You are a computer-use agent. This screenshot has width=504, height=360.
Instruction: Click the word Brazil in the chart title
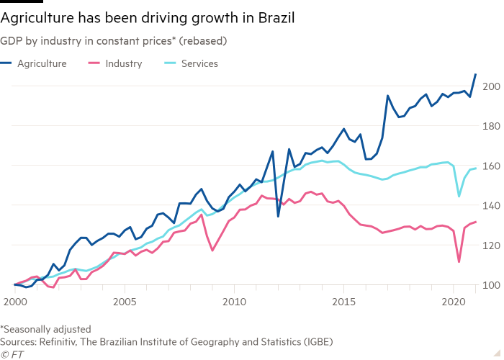pos(274,16)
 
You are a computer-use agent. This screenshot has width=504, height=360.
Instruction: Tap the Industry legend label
pos(123,63)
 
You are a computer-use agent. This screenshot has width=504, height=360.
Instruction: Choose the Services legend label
pos(199,63)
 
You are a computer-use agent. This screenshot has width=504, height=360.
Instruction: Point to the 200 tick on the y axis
pos(492,86)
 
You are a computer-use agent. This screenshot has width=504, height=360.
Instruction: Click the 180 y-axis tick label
pos(492,126)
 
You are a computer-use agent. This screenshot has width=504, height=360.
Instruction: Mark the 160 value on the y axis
pos(492,166)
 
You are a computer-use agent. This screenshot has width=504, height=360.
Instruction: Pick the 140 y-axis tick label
pos(492,206)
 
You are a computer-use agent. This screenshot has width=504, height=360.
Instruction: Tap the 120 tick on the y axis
pos(492,246)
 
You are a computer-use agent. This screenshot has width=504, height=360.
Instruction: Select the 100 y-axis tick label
pos(492,285)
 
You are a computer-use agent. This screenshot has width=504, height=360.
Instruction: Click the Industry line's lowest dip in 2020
pos(459,261)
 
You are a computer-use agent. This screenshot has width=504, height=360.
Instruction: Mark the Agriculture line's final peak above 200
pos(475,75)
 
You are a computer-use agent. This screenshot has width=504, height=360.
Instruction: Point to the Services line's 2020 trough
pos(459,196)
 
